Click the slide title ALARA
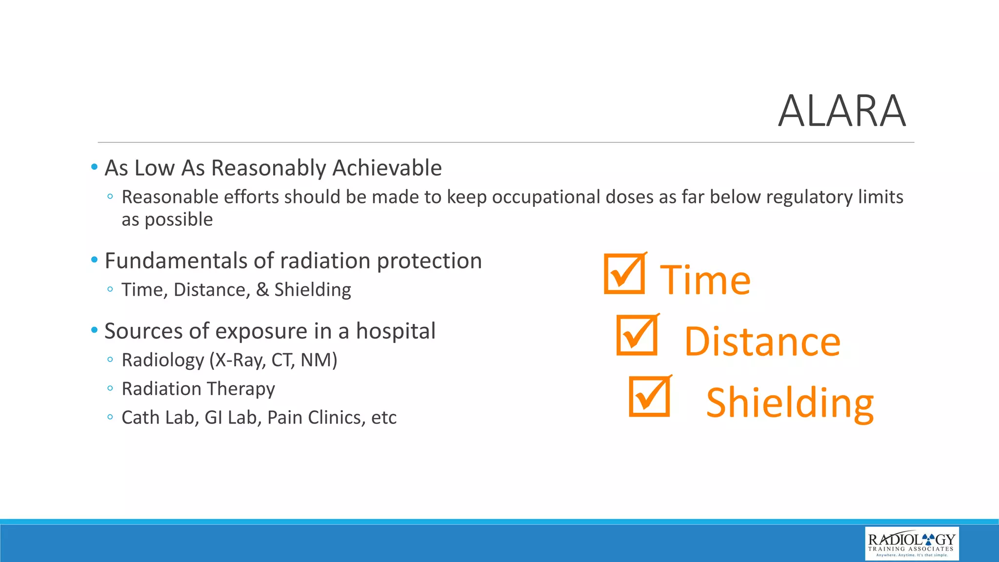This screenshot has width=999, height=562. click(x=841, y=111)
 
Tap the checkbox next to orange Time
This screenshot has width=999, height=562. click(x=624, y=274)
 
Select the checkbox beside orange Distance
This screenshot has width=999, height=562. click(x=637, y=336)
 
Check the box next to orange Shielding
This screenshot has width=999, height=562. click(x=649, y=397)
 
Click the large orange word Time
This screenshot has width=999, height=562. click(x=705, y=281)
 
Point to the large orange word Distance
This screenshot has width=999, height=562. click(x=762, y=342)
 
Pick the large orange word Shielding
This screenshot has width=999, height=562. click(x=790, y=403)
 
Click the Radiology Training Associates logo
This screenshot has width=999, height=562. click(x=911, y=543)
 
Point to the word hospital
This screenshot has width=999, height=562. click(x=396, y=331)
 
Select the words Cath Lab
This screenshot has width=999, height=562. click(x=158, y=418)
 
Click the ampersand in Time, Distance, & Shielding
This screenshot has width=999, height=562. click(x=262, y=290)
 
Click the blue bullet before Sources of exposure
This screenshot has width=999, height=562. click(x=95, y=330)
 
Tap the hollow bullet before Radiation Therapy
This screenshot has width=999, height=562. click(x=110, y=389)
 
